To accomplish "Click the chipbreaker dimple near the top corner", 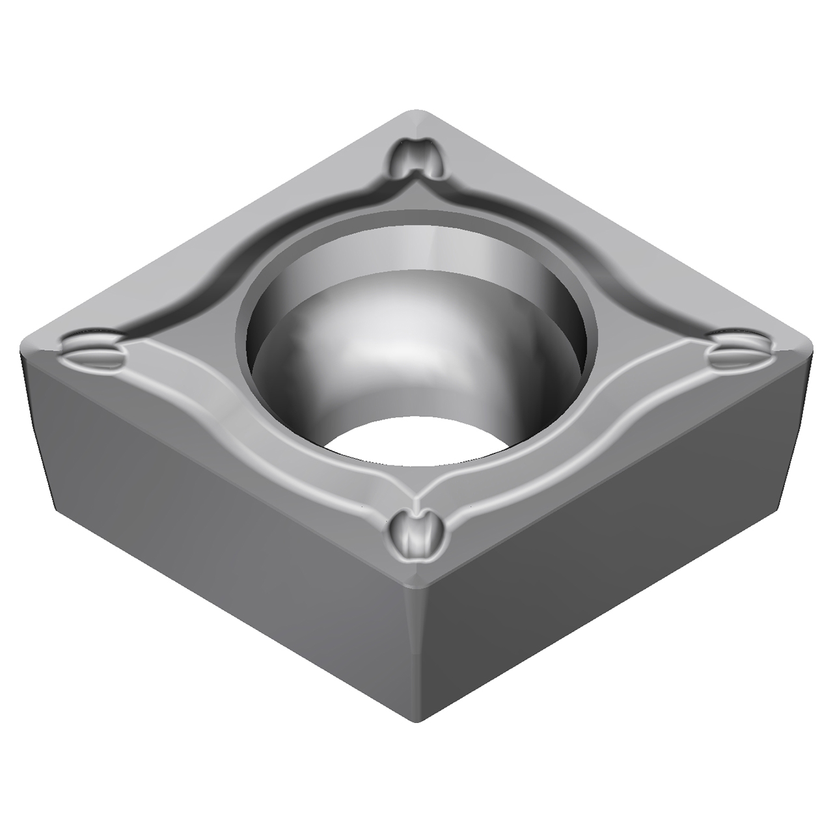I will pyautogui.click(x=418, y=157).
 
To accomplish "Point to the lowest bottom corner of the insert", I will pyautogui.click(x=416, y=719).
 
